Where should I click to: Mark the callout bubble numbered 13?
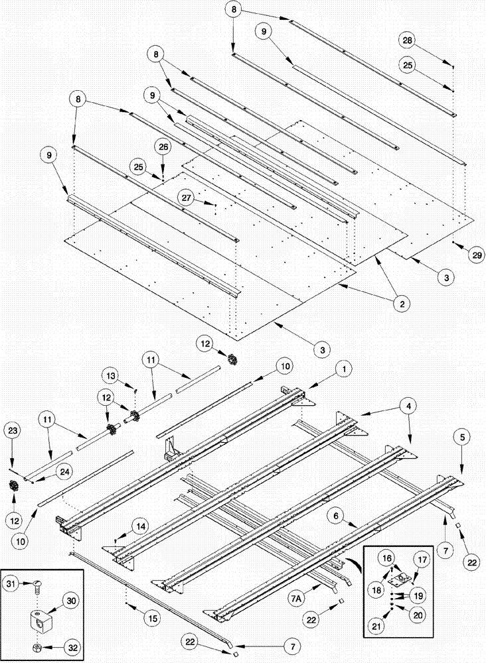click(x=112, y=377)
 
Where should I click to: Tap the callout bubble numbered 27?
click(x=186, y=197)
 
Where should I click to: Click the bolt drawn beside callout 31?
click(x=37, y=585)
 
